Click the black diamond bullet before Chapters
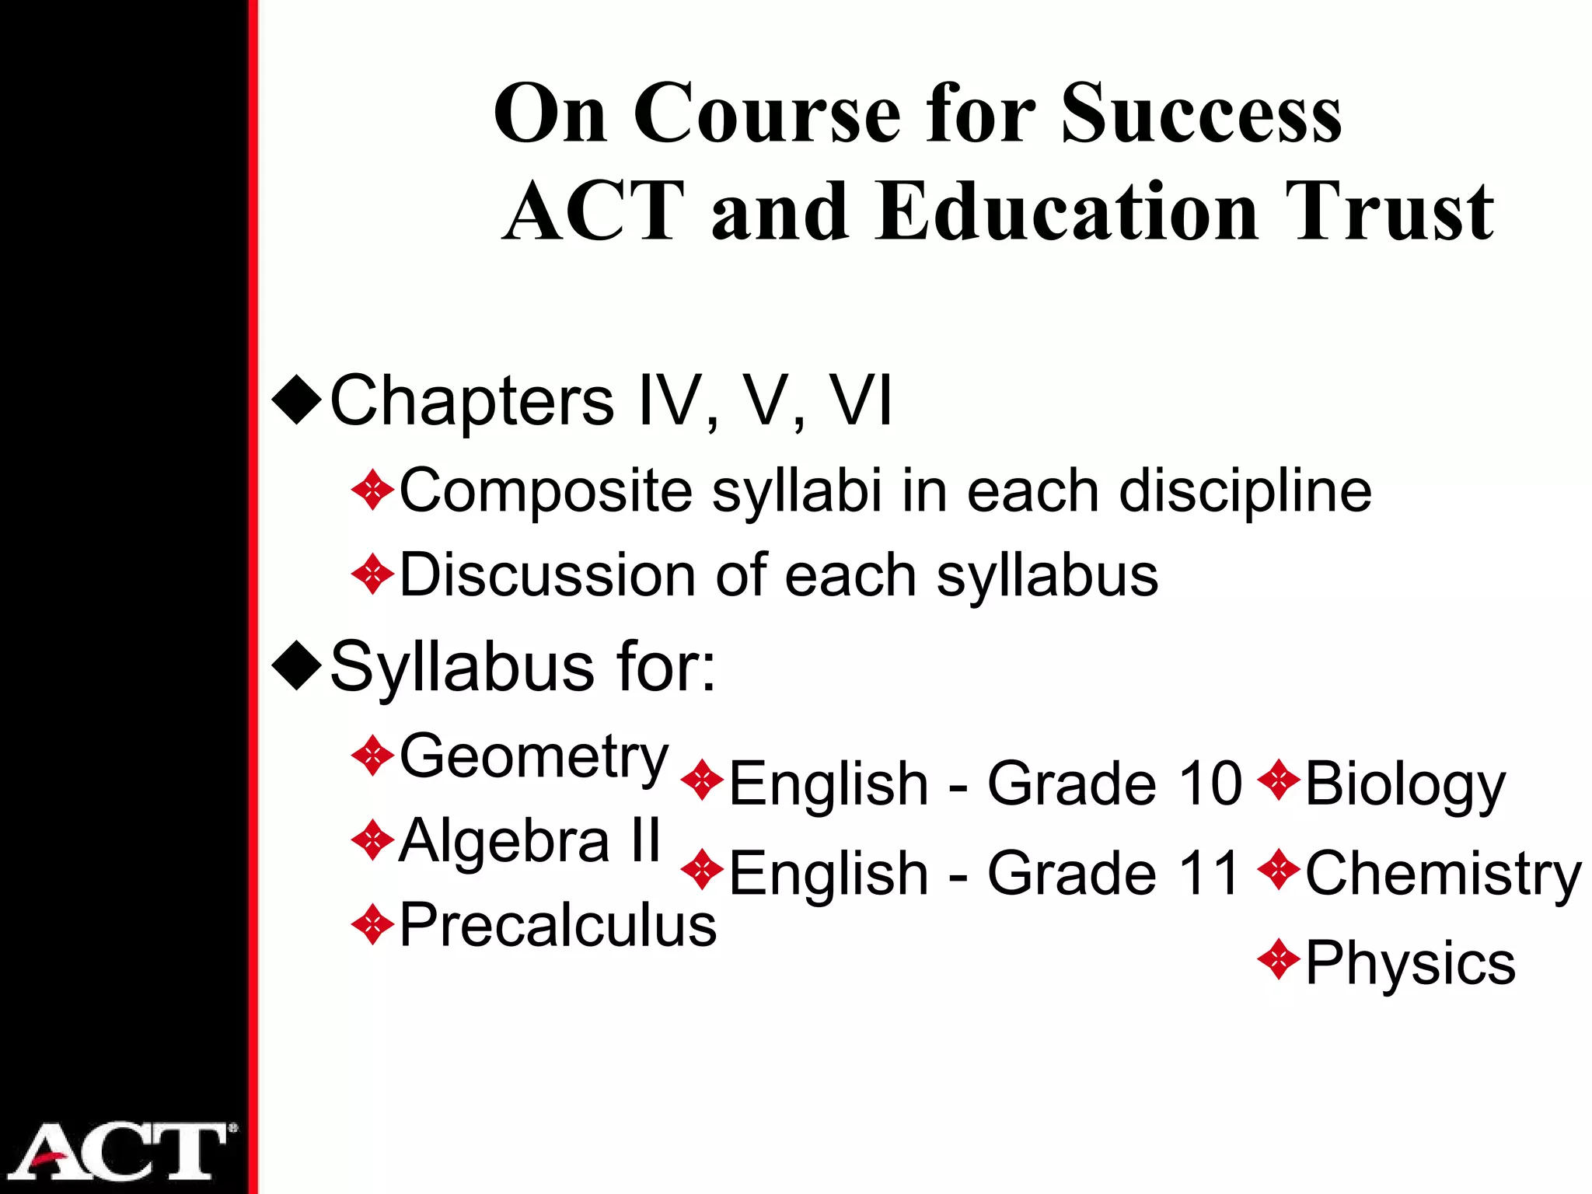pos(297,400)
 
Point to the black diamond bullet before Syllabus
pos(297,665)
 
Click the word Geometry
pos(534,757)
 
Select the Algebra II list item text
pos(529,841)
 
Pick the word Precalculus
pos(557,925)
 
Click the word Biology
pos(1405,784)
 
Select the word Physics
pos(1410,963)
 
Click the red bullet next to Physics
pos(1279,961)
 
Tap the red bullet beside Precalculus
pos(373,925)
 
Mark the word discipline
pos(1245,491)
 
